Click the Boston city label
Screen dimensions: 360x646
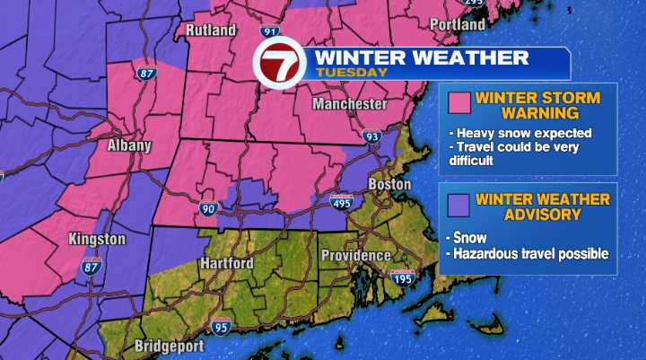point(389,185)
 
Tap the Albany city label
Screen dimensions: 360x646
point(130,145)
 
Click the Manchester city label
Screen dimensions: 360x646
point(350,105)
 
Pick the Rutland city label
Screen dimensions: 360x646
point(211,31)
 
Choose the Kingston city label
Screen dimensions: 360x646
point(96,240)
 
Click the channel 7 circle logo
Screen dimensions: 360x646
point(281,64)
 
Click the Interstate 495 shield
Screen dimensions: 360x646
point(342,204)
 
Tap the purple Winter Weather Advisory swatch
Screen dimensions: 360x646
point(460,206)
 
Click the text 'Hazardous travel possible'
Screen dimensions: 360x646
point(531,254)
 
